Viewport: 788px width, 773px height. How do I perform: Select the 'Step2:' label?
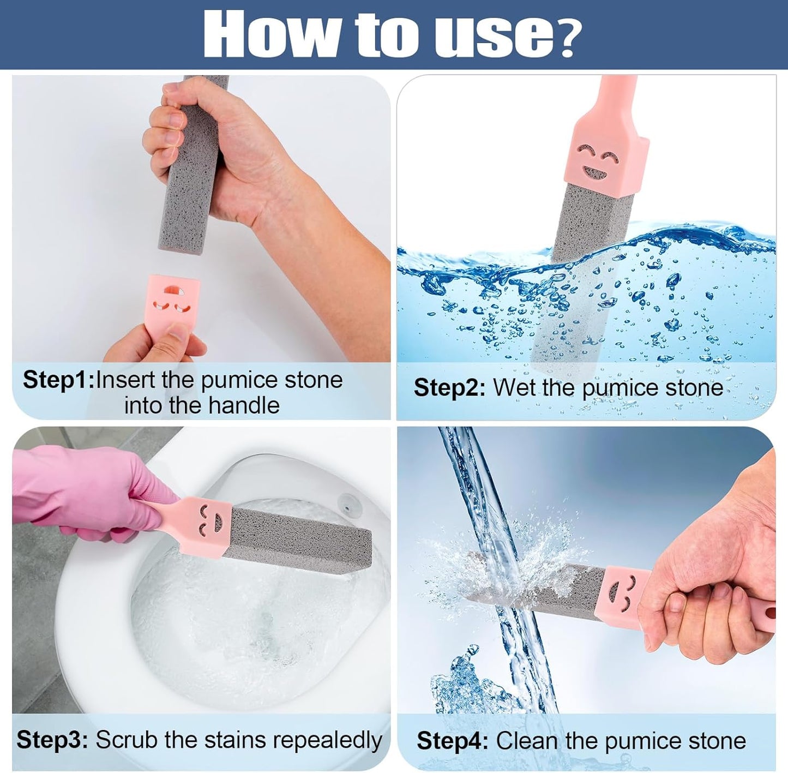449,388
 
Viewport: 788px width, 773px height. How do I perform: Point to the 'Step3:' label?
52,740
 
